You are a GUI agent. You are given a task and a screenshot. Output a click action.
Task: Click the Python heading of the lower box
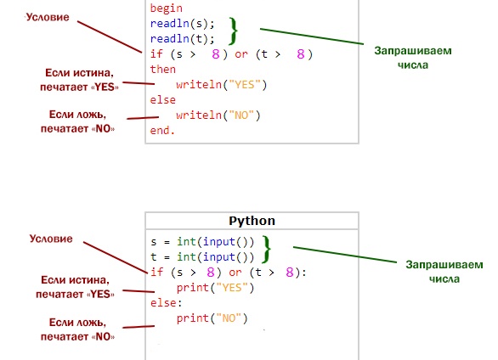pos(252,221)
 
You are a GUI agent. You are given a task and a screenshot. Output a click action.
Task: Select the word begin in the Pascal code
pos(166,8)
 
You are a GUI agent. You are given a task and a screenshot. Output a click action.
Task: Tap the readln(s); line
pos(183,24)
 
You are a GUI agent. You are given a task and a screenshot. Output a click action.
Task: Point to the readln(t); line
pos(183,39)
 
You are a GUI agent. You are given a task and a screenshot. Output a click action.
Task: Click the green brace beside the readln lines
pos(234,31)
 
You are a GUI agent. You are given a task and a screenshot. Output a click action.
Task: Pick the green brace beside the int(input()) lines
pos(266,250)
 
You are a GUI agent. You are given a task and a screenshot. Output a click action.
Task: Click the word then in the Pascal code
pos(162,70)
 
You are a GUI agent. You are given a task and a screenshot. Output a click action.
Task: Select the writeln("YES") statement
pos(221,85)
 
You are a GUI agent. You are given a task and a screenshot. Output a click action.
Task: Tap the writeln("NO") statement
pos(218,115)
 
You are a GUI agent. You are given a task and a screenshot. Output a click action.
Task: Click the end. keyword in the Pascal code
pos(162,131)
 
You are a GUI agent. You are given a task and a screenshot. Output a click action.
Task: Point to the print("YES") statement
pos(215,288)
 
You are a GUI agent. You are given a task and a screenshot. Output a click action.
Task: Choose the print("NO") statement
pos(212,318)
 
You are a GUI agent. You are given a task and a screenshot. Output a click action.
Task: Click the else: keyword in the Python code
pos(166,303)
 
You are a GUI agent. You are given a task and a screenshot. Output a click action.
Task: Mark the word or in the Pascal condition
pos(241,54)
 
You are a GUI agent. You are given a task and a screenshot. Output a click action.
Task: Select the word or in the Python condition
pos(235,273)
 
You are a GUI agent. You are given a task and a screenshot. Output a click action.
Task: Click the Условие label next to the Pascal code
pos(48,17)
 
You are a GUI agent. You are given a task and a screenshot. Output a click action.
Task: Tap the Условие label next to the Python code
pos(51,239)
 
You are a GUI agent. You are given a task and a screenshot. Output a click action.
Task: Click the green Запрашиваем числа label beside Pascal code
pos(412,58)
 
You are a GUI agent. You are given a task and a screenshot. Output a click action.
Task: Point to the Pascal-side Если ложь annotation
pos(77,121)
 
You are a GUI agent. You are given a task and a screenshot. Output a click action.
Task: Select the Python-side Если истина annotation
pos(75,287)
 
